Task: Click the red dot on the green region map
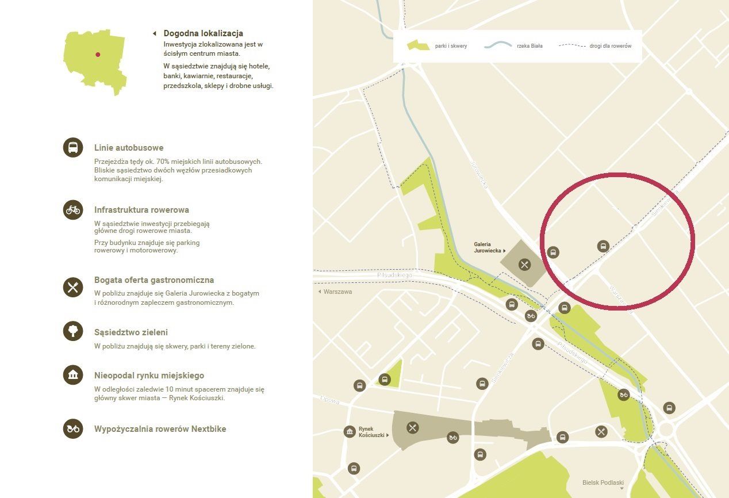(98, 55)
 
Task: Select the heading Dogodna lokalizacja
(203, 33)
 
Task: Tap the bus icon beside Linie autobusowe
(73, 148)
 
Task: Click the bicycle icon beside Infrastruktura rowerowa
(73, 209)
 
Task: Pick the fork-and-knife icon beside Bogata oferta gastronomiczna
(73, 286)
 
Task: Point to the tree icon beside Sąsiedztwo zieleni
(73, 331)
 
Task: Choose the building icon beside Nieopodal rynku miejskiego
(73, 375)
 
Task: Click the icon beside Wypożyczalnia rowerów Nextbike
(73, 428)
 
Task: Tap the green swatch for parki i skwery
(418, 46)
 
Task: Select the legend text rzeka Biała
(530, 46)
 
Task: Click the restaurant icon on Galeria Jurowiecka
(524, 265)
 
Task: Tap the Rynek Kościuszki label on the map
(370, 432)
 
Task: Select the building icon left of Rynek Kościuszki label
(350, 432)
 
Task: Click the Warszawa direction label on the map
(337, 292)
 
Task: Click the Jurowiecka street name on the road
(479, 175)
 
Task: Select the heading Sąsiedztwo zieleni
(131, 332)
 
